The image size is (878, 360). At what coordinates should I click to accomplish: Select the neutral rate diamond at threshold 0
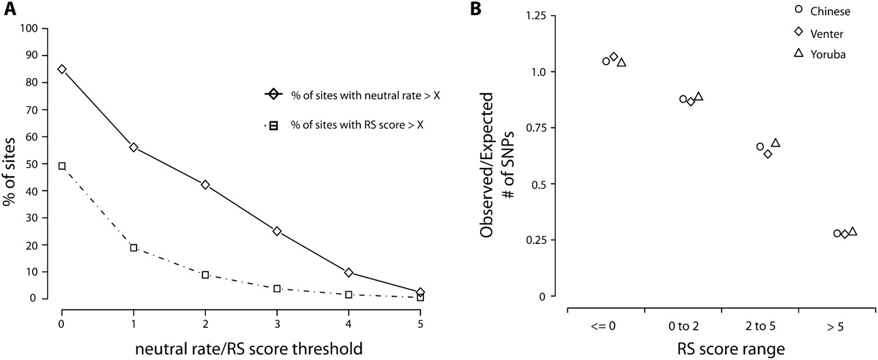coord(62,69)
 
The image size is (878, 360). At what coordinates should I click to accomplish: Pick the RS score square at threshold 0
coord(62,166)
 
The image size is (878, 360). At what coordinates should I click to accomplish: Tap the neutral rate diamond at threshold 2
coord(205,185)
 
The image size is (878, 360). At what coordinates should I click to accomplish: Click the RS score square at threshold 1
coord(134,248)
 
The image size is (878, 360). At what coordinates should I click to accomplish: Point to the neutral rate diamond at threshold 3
coord(277,231)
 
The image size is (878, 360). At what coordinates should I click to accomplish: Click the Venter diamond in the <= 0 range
coord(614,57)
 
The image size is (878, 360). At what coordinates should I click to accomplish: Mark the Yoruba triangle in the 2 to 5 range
coord(776,143)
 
